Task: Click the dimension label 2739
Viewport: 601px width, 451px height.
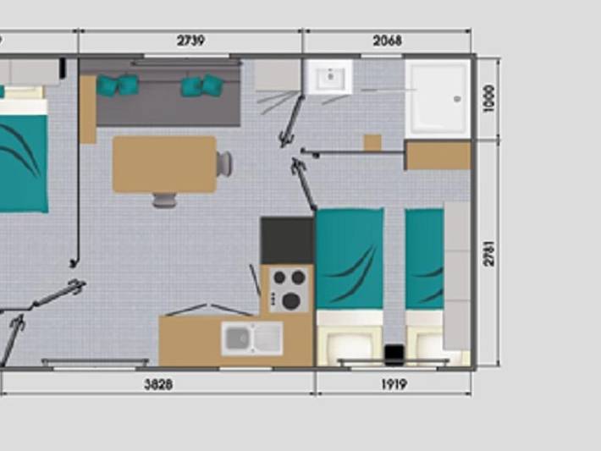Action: coord(190,41)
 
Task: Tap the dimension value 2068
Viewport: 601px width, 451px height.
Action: coord(387,41)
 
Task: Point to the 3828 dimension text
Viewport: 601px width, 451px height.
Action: coord(158,384)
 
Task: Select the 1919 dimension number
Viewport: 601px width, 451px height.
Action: coord(394,384)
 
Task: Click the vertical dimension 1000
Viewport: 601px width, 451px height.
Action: coord(489,98)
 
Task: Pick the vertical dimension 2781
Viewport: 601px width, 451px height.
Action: coord(489,253)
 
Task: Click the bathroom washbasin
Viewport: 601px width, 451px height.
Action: coord(329,77)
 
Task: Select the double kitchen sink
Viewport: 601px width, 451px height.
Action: coord(252,338)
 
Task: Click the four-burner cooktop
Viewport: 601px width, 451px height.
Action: coord(289,289)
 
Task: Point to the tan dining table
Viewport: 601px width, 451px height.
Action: coord(164,164)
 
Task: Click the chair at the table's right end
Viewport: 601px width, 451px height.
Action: coord(224,163)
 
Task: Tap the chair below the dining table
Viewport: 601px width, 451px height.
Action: coord(164,200)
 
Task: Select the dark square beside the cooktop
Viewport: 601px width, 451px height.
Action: coord(287,240)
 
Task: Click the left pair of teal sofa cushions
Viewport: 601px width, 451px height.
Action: coord(118,85)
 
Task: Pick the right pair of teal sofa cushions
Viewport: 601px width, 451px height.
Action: coord(201,85)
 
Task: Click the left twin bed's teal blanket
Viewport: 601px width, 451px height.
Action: coord(350,259)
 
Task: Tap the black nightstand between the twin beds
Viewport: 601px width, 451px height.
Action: coord(394,355)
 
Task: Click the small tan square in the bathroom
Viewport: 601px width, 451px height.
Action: coord(372,142)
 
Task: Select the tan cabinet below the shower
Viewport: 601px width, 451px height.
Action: coord(438,155)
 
